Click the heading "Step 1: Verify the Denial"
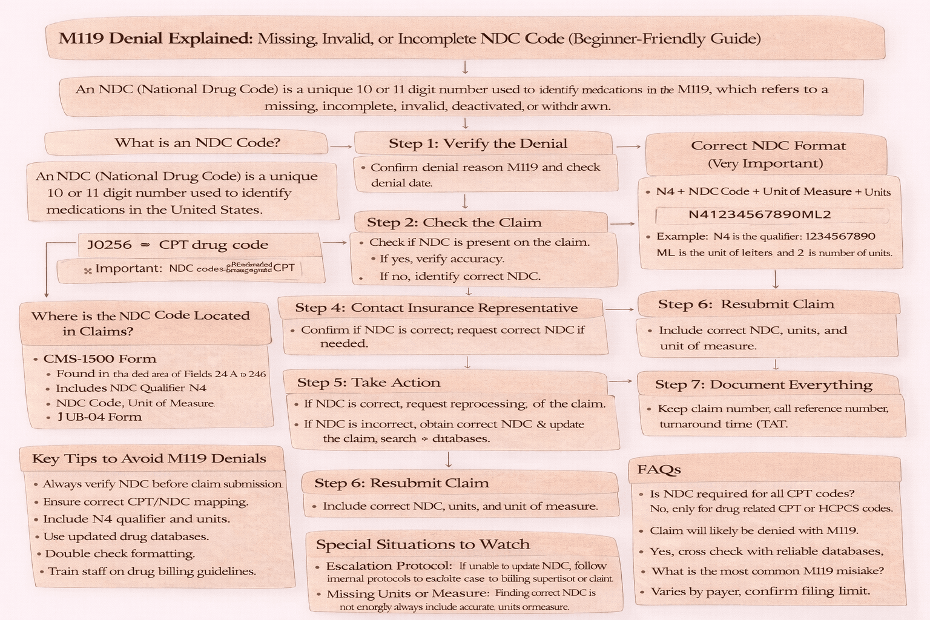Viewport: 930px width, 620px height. (478, 143)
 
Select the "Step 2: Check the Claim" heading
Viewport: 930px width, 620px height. (453, 222)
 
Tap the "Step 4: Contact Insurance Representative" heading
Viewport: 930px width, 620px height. (436, 308)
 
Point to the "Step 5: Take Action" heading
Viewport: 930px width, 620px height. (368, 383)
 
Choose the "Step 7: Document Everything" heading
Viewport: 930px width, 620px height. (763, 384)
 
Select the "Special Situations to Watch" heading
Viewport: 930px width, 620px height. (423, 544)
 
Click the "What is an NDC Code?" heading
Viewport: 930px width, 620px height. (197, 143)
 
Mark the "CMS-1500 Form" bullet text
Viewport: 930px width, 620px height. (100, 358)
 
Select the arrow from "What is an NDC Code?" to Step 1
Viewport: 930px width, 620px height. (341, 147)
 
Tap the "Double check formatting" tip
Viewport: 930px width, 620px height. (120, 553)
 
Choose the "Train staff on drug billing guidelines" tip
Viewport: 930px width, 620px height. (151, 571)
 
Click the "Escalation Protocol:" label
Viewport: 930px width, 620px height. (389, 566)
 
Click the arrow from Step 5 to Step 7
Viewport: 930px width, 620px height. (621, 381)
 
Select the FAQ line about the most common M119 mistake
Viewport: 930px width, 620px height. (767, 570)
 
